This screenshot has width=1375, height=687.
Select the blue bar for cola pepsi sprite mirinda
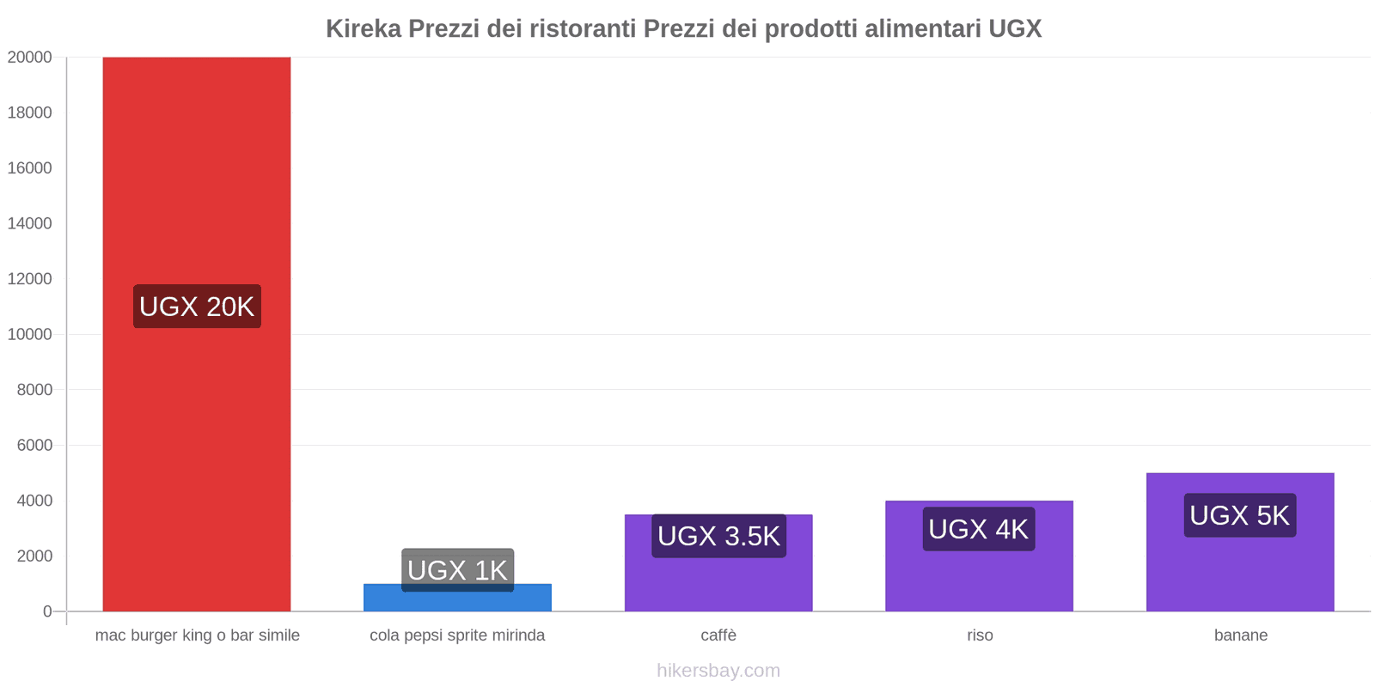[x=457, y=601]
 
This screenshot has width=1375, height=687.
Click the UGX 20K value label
[x=197, y=307]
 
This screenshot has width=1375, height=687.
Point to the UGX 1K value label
[x=457, y=569]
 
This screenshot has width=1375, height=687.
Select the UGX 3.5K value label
[x=718, y=536]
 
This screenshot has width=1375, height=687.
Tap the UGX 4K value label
[x=978, y=529]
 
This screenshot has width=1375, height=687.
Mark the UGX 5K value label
[x=1239, y=515]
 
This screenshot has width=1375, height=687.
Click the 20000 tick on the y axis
[x=30, y=58]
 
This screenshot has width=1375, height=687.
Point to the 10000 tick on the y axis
[x=30, y=334]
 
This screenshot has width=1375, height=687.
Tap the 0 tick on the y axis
[x=47, y=611]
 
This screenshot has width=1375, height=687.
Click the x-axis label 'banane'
[x=1240, y=635]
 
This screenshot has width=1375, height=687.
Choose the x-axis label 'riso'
[x=980, y=635]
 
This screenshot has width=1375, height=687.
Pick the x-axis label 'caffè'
[x=718, y=635]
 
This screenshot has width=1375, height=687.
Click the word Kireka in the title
[x=363, y=29]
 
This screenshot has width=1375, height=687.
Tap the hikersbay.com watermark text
[x=718, y=671]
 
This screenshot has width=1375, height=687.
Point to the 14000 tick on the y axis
[x=30, y=223]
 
